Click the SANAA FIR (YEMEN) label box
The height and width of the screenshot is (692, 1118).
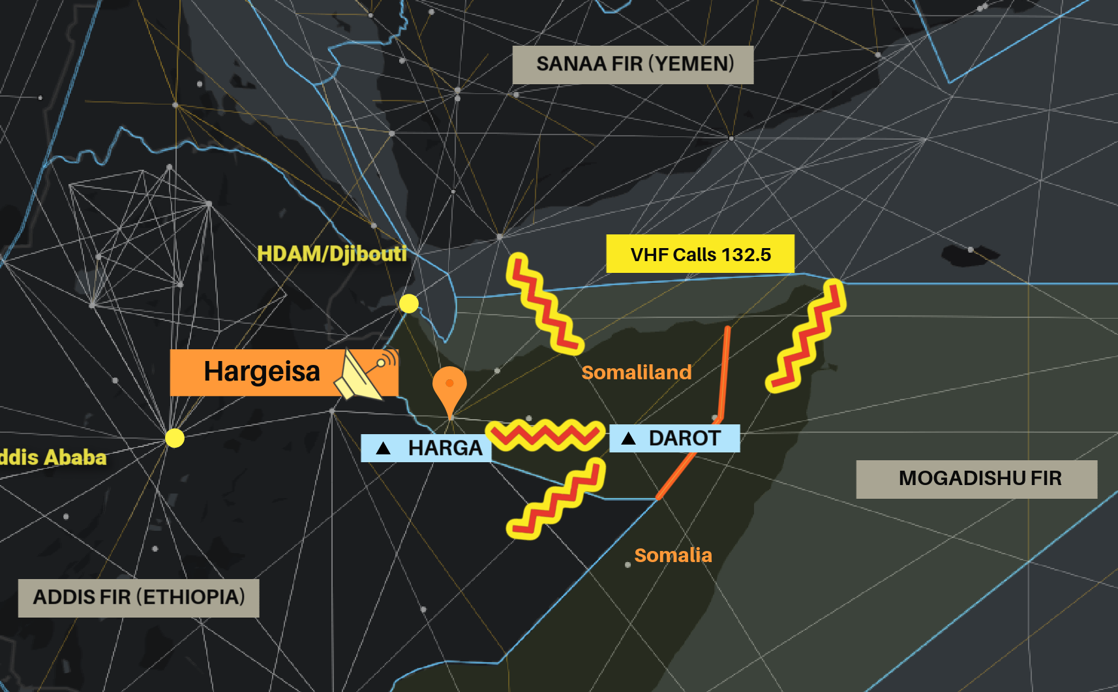click(x=633, y=65)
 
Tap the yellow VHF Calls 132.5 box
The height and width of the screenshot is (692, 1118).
click(x=700, y=254)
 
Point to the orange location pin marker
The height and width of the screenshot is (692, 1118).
click(x=449, y=386)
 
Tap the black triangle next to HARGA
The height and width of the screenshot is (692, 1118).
click(x=384, y=448)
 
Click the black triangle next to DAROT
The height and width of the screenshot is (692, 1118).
click(x=628, y=438)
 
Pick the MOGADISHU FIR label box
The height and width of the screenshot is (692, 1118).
click(x=976, y=479)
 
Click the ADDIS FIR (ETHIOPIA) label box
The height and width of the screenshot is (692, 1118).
click(x=138, y=597)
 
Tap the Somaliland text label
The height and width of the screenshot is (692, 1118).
click(x=636, y=372)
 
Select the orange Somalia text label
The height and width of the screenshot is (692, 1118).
click(x=672, y=555)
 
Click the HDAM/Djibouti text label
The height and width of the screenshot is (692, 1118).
click(x=331, y=253)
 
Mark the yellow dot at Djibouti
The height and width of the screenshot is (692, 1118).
click(x=409, y=304)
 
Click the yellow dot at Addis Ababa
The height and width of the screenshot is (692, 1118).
click(x=174, y=437)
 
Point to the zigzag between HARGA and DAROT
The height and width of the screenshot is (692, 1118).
click(x=545, y=435)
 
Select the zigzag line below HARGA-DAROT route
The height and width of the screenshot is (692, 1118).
click(x=556, y=499)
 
